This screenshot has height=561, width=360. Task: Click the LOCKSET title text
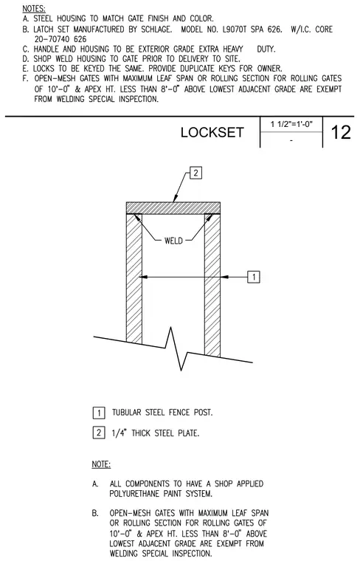click(x=212, y=132)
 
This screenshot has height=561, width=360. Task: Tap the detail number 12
click(x=341, y=132)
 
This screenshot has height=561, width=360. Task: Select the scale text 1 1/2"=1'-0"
click(x=291, y=125)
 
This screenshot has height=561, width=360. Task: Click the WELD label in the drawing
click(x=173, y=241)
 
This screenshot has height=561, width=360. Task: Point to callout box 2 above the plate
click(x=195, y=173)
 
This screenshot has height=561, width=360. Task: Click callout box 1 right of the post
click(x=254, y=277)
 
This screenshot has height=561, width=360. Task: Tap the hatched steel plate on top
click(x=173, y=208)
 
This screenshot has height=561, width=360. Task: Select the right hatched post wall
click(x=212, y=285)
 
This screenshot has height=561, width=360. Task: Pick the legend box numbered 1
click(x=99, y=413)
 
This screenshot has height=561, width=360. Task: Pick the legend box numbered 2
click(x=99, y=433)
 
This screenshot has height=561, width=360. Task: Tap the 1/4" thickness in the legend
click(x=120, y=433)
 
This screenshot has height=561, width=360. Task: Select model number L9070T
click(x=235, y=30)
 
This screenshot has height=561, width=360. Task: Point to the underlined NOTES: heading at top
click(x=34, y=9)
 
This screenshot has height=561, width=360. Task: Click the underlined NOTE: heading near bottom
click(x=101, y=464)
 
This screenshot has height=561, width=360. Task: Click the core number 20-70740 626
click(x=60, y=39)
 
